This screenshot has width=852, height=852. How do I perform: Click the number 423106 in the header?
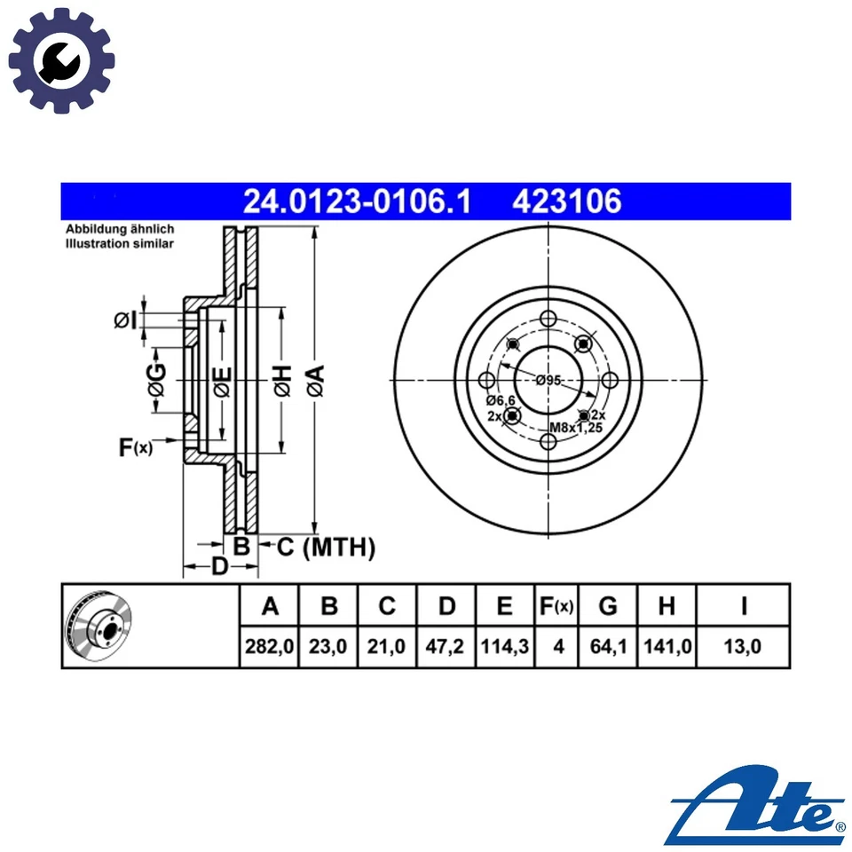[x=566, y=202]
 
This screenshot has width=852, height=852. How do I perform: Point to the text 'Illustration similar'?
[x=119, y=243]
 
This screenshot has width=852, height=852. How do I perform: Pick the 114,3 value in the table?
[x=505, y=647]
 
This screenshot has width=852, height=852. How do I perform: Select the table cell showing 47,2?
[x=446, y=647]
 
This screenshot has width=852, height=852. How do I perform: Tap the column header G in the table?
[x=608, y=606]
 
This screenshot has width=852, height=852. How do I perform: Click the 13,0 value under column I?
[x=743, y=647]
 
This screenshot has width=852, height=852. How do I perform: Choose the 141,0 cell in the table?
[x=667, y=647]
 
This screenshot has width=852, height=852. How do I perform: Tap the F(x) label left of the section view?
[x=135, y=447]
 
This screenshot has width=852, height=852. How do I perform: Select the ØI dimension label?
[x=125, y=320]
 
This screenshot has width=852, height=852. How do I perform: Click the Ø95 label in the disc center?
[x=548, y=381]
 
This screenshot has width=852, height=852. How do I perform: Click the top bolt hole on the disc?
[x=548, y=319]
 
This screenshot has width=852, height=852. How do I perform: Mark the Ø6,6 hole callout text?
[x=500, y=401]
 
